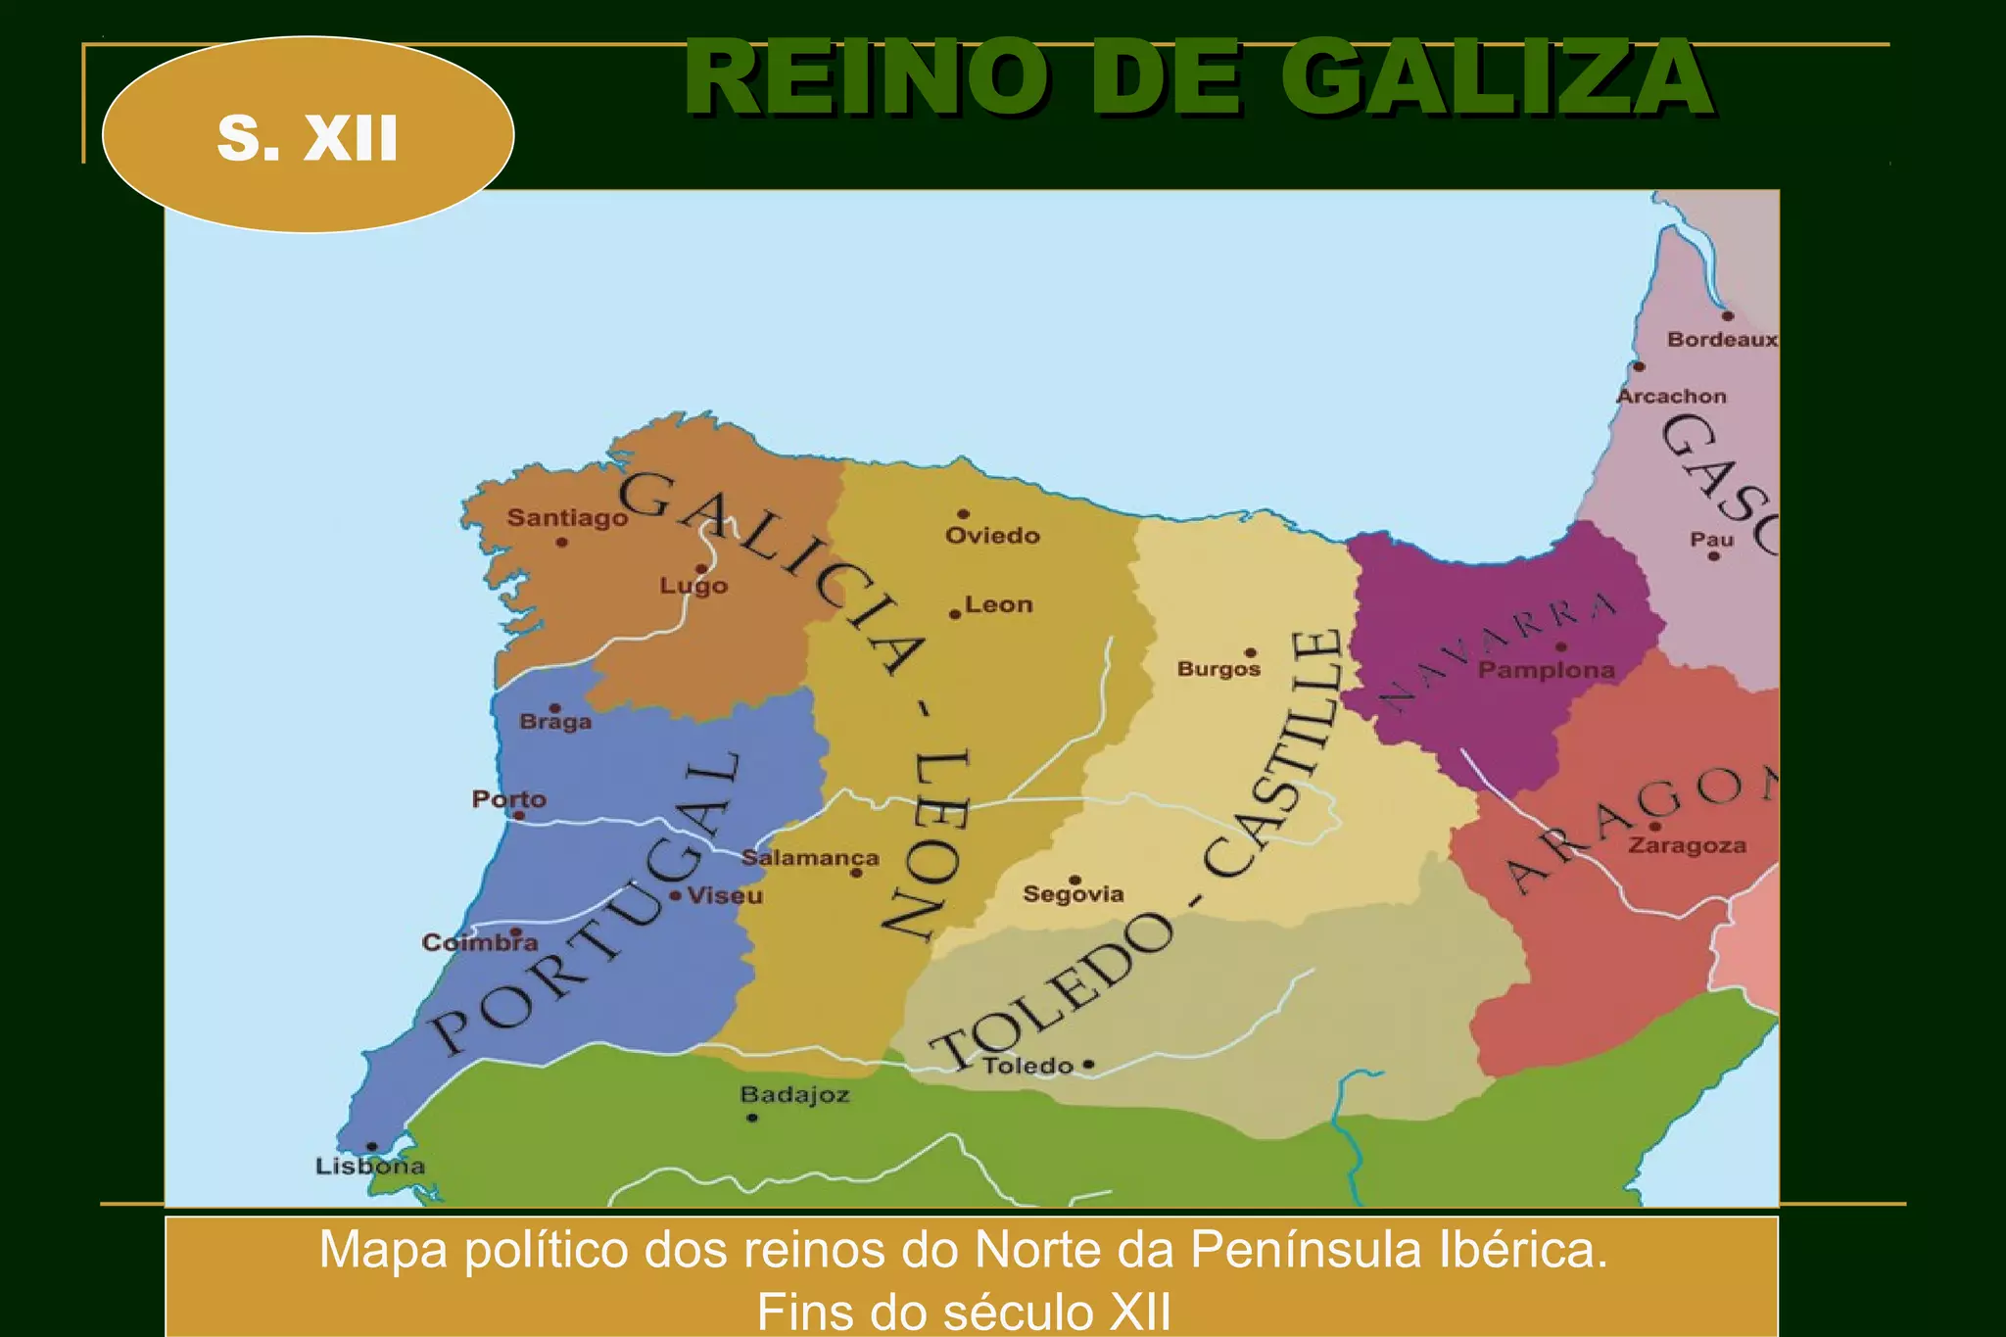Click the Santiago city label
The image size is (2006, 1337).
point(567,517)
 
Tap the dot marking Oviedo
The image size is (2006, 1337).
point(963,514)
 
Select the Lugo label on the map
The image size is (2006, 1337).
point(693,586)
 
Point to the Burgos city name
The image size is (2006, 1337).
point(1218,669)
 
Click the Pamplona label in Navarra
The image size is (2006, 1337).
point(1546,670)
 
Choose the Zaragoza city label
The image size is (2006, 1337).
point(1687,845)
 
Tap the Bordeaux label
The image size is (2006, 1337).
point(1721,339)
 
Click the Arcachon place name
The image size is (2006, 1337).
point(1671,396)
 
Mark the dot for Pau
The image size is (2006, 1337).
point(1713,556)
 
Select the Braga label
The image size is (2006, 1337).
point(555,722)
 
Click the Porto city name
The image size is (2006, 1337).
point(508,798)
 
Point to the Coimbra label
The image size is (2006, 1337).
point(480,942)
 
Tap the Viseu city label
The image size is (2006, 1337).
point(725,895)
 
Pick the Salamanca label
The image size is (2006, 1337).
point(810,858)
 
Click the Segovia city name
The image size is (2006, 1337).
point(1074,893)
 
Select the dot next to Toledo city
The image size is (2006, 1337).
point(1088,1064)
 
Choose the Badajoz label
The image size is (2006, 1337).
point(794,1094)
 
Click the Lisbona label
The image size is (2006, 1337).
point(370,1166)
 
